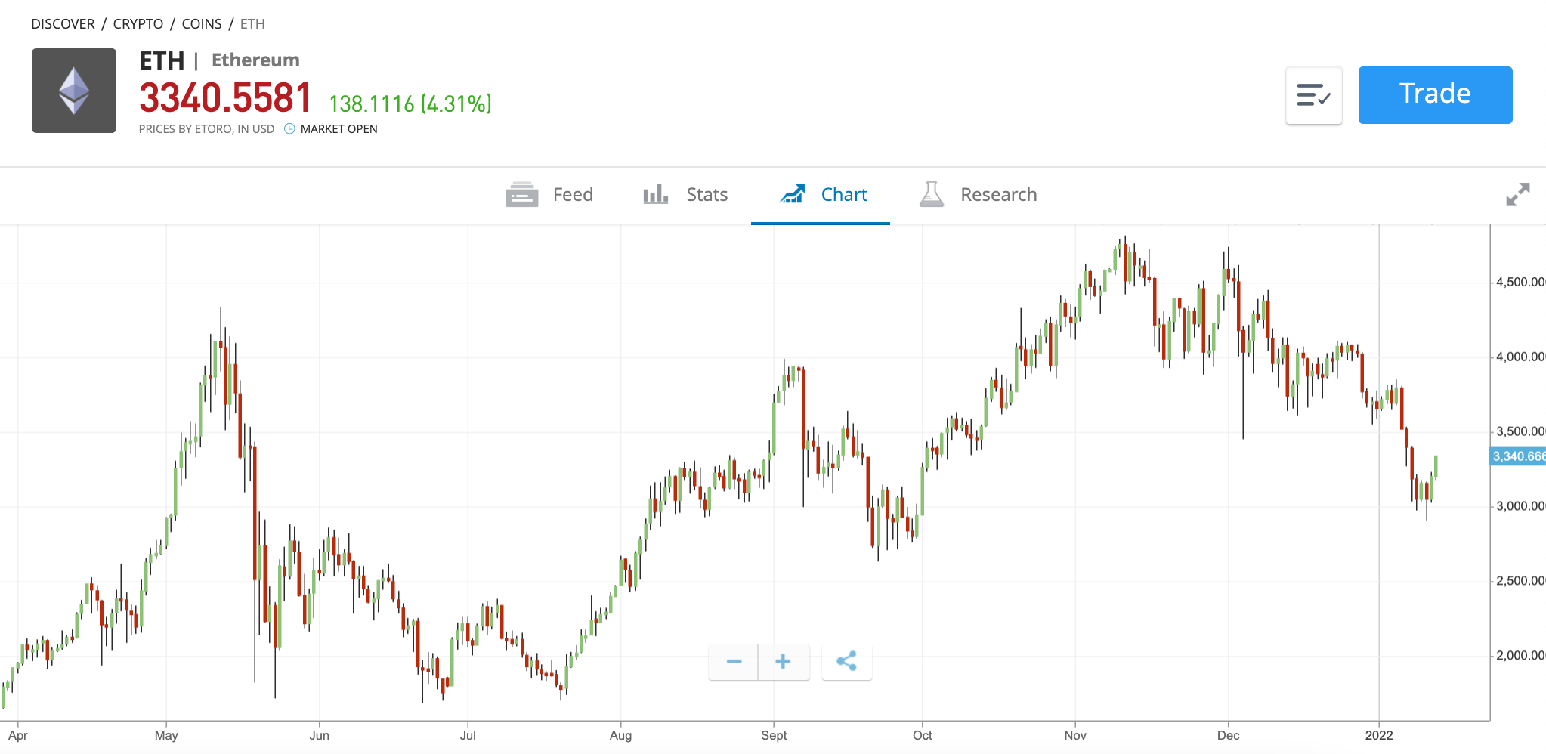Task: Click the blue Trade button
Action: [1434, 94]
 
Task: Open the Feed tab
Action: [550, 195]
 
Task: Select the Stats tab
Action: [685, 195]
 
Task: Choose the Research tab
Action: [978, 195]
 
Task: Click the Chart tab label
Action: [843, 195]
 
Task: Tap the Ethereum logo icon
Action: [74, 91]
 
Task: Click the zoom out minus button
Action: [733, 662]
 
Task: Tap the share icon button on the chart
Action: [846, 662]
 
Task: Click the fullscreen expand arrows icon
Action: [1517, 194]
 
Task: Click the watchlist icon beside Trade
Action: [1313, 95]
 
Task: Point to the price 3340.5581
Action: [225, 98]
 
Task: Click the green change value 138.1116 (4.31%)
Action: [410, 104]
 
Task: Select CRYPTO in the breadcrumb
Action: [138, 24]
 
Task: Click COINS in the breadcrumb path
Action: [202, 24]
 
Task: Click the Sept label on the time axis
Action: [774, 735]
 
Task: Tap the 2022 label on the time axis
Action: [1378, 735]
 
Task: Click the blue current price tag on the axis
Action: [1517, 456]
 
